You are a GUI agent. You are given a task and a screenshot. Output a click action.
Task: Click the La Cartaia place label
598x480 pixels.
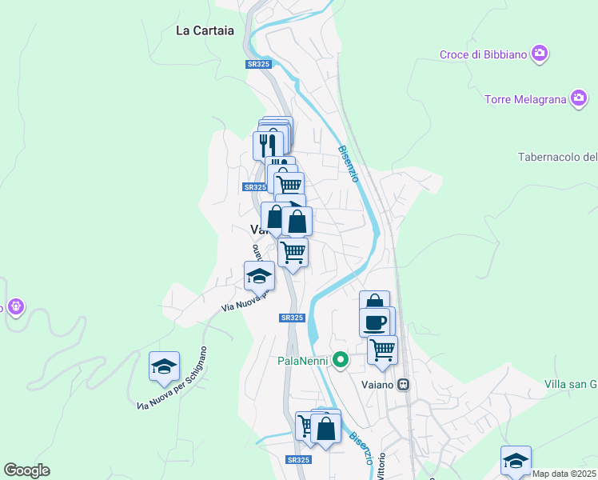(x=205, y=31)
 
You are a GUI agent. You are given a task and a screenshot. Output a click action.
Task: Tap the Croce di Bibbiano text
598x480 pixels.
(x=483, y=54)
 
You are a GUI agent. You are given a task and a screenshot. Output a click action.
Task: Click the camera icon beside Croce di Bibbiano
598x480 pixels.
(x=540, y=54)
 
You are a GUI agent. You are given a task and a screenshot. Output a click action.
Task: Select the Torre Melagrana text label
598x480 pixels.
(x=525, y=100)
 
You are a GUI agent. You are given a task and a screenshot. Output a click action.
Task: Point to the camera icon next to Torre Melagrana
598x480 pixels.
(x=579, y=99)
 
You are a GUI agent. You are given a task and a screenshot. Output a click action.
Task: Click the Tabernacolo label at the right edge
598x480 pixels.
(x=558, y=157)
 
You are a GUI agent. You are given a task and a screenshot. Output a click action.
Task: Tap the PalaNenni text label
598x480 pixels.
(x=303, y=361)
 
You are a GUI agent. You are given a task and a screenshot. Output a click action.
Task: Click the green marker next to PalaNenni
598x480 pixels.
(x=341, y=360)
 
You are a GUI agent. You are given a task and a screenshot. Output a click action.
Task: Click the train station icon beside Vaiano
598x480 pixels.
(x=404, y=385)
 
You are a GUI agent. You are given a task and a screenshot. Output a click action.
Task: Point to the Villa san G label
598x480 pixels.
(x=571, y=385)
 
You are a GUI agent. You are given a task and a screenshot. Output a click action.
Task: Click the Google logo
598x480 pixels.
(x=26, y=470)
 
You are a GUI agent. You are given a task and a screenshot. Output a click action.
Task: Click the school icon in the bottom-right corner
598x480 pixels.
(x=516, y=460)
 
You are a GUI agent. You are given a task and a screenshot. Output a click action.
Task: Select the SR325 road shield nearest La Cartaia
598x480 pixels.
(x=257, y=64)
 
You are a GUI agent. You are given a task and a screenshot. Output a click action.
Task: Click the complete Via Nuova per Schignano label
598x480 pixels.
(x=172, y=378)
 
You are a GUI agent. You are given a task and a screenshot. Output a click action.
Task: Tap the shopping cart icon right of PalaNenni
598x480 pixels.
(x=383, y=349)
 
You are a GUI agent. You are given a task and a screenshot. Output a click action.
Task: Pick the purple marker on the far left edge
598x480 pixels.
(x=14, y=306)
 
